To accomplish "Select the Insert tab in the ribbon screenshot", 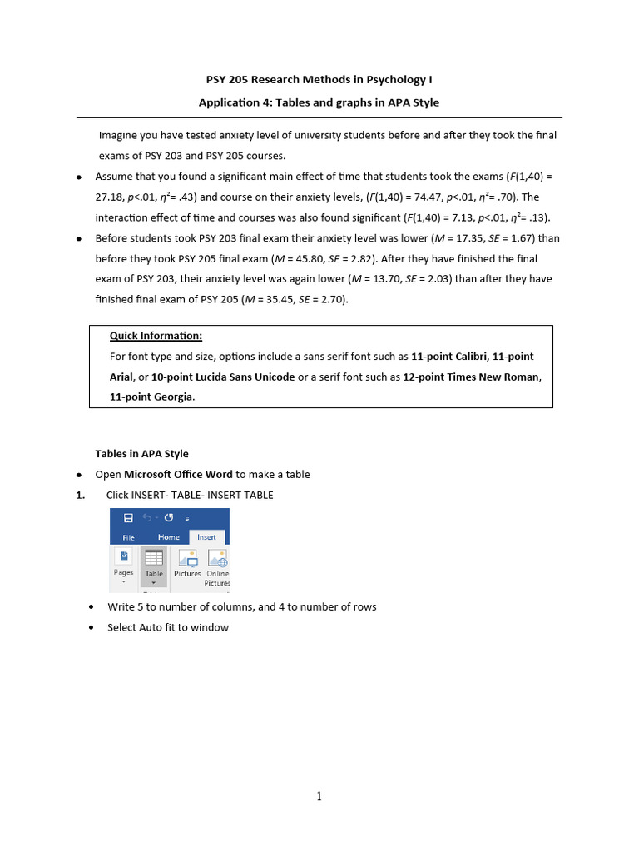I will click(206, 537).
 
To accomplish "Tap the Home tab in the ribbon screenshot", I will click(168, 537).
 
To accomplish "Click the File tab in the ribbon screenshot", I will click(128, 538).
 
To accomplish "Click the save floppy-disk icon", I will click(128, 518).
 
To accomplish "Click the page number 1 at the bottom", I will click(319, 796).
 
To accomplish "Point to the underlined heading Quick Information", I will click(156, 336).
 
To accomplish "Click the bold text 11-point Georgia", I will click(152, 397).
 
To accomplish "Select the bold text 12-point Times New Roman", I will click(471, 377).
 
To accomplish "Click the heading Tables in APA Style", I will click(141, 454).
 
